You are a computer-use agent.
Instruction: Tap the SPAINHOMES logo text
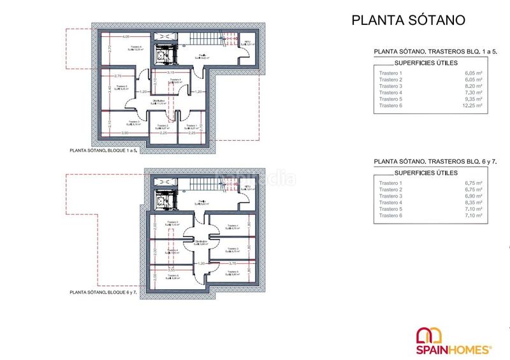pyautogui.click(x=453, y=349)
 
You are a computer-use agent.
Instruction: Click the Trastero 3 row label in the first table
pyautogui.click(x=391, y=86)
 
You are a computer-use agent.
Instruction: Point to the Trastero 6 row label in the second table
pyautogui.click(x=391, y=216)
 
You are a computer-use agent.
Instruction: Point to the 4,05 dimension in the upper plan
pyautogui.click(x=126, y=36)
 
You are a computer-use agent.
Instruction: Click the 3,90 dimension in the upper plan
pyautogui.click(x=126, y=133)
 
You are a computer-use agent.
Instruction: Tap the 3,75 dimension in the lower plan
pyautogui.click(x=233, y=263)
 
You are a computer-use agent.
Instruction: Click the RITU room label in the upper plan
pyautogui.click(x=248, y=43)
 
